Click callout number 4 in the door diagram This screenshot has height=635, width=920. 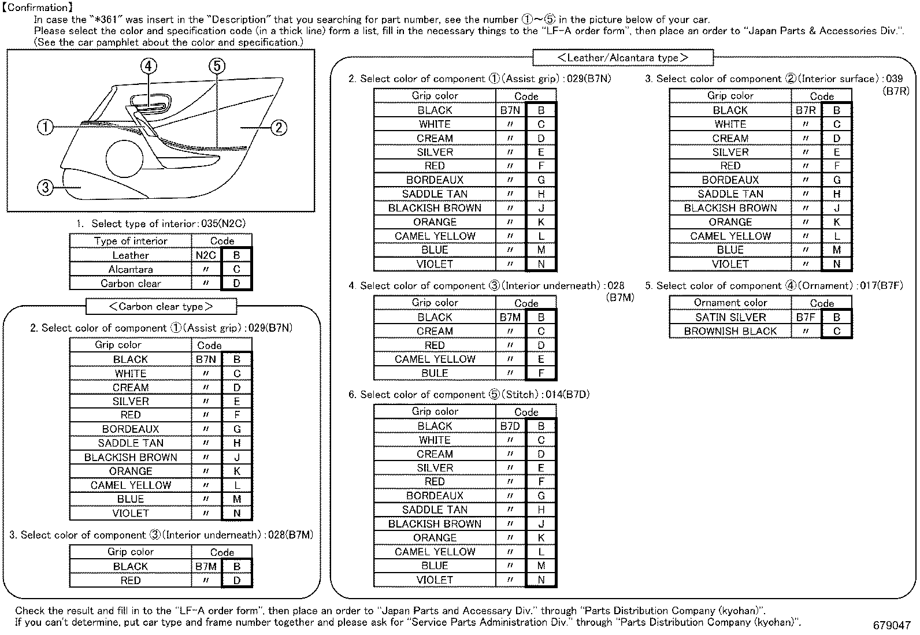pos(149,66)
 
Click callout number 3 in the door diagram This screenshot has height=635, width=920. pos(45,187)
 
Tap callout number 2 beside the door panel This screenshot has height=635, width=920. pos(279,127)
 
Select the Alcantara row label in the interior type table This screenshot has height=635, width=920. pos(131,269)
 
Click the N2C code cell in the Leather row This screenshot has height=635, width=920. pos(206,255)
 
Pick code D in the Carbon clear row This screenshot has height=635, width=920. pos(236,283)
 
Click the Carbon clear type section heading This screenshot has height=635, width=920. pos(161,306)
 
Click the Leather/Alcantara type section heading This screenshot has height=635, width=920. pos(622,58)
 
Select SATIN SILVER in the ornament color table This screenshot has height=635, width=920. pos(730,317)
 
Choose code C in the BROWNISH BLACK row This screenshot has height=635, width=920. pos(836,331)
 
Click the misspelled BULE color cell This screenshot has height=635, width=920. pos(435,373)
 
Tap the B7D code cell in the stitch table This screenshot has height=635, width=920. pos(510,426)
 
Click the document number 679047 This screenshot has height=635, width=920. pos(892,625)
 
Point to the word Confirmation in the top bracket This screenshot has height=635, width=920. pos(38,8)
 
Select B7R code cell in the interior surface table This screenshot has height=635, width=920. pos(806,110)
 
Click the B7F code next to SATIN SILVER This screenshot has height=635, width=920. pos(806,317)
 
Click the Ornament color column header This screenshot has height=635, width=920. pos(730,303)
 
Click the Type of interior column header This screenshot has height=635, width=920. pos(131,241)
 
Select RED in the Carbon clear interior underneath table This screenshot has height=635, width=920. pos(131,580)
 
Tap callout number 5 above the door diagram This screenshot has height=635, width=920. pos(217,66)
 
